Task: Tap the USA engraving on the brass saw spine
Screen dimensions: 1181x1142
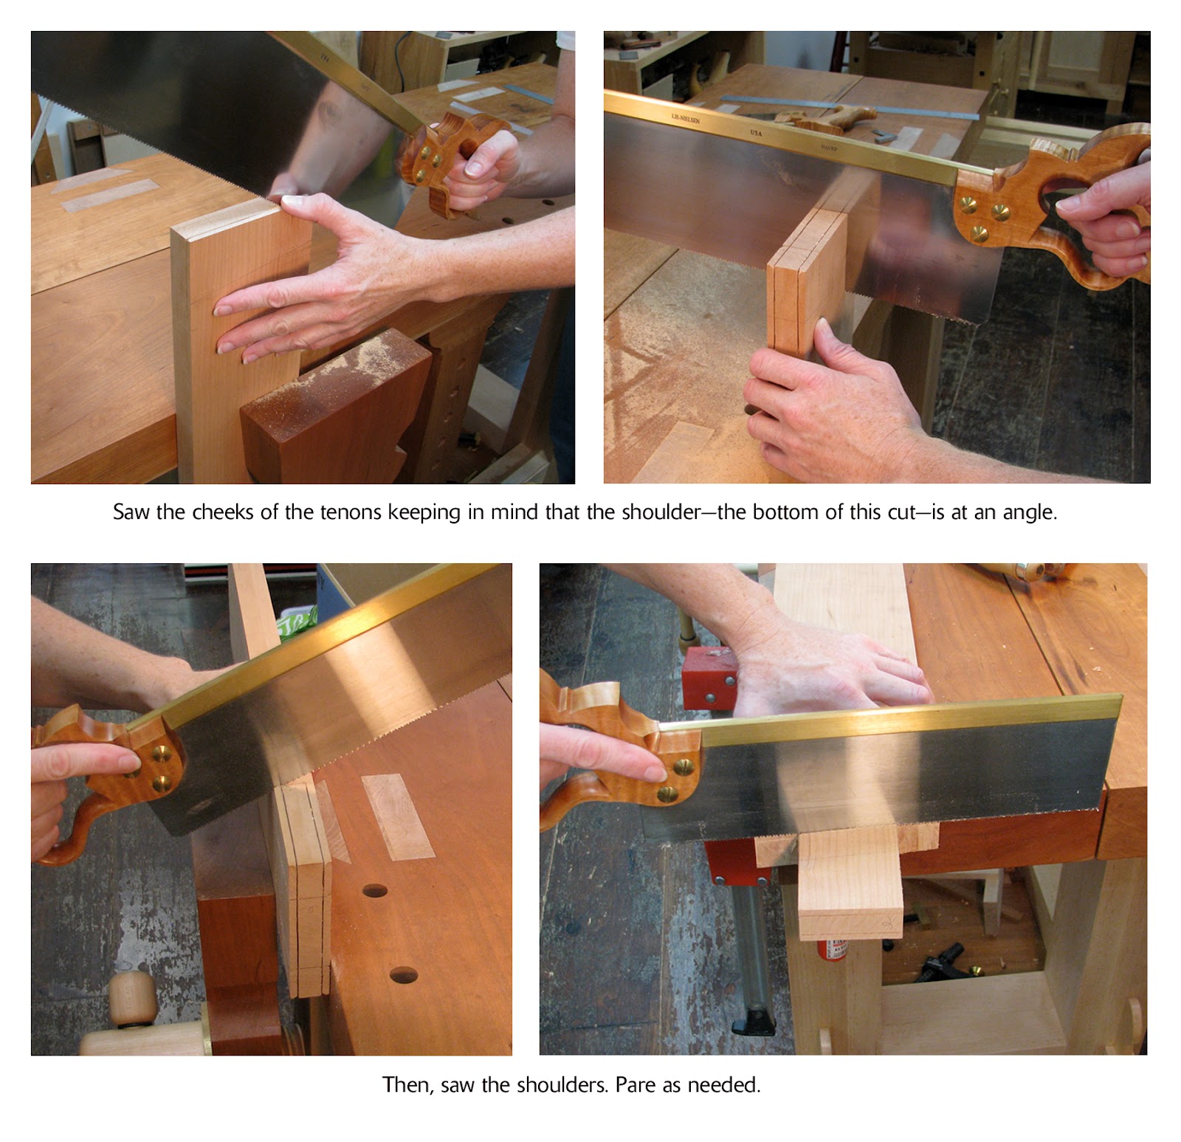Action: click(x=757, y=133)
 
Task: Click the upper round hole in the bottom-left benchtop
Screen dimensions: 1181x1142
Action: click(x=375, y=890)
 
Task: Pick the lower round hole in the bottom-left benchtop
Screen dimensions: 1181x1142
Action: click(x=404, y=975)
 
